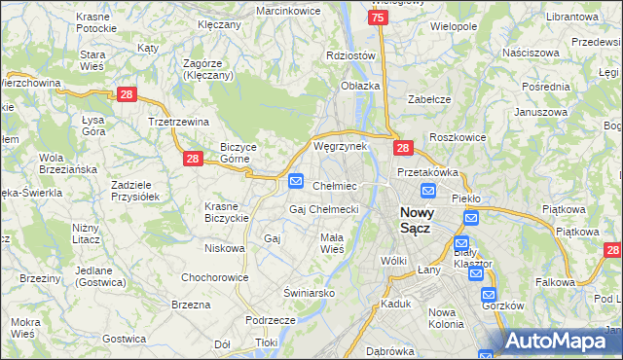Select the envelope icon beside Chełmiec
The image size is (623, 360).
point(297,181)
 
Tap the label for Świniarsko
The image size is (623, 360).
point(310,292)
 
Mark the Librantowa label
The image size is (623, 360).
point(570,18)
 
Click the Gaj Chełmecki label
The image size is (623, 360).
point(324,209)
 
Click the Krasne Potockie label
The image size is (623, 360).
point(93,24)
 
